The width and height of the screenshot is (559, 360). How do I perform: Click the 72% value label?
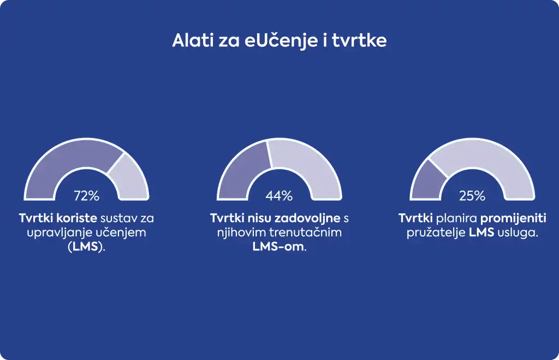pos(87,195)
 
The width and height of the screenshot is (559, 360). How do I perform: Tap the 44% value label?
pos(279,195)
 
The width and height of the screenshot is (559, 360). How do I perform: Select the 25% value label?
pos(472,195)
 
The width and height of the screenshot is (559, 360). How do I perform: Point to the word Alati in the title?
pos(193,40)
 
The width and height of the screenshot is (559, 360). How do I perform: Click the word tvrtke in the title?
pos(359,40)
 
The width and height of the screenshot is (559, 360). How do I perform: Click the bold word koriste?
pos(76,218)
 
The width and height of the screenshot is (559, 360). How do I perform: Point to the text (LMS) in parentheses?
pos(87,247)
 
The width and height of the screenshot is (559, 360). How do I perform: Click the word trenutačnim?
pos(306,232)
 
